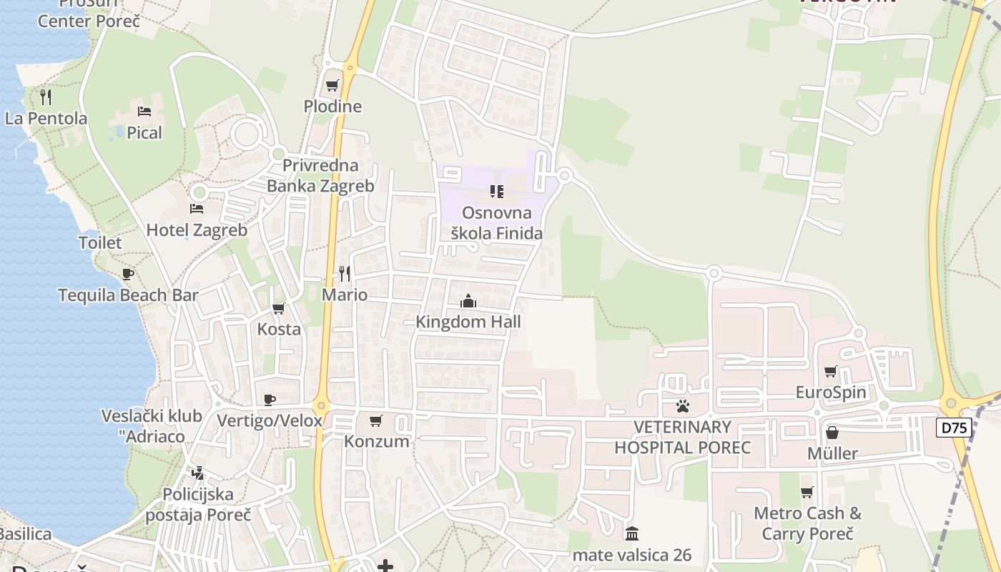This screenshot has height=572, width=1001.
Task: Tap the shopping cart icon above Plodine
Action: [x=332, y=86]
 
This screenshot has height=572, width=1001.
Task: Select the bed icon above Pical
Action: [x=144, y=112]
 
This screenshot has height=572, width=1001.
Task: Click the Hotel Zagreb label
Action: [x=197, y=230]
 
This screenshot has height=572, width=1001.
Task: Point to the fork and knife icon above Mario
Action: [x=345, y=274]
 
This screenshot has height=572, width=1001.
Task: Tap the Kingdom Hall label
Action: [x=468, y=322]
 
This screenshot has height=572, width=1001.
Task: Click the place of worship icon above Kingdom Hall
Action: [x=468, y=301]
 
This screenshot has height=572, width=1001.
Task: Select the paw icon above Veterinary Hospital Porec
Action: [x=683, y=406]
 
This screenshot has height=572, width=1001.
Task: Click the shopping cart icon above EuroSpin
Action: [x=831, y=371]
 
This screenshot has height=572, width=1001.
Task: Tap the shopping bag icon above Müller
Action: [x=832, y=433]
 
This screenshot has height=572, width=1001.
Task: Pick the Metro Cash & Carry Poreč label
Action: [x=808, y=523]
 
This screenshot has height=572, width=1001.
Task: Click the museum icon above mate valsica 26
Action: [x=632, y=533]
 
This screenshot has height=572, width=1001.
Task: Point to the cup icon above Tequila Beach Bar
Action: [x=128, y=274]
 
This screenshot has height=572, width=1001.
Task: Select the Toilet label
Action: [x=100, y=242]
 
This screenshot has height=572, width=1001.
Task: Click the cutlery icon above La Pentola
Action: [x=46, y=97]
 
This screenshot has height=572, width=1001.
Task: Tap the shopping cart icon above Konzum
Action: [x=376, y=420]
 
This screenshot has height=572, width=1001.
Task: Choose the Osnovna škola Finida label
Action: [x=497, y=223]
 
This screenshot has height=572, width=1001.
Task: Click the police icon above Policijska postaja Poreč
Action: [x=198, y=473]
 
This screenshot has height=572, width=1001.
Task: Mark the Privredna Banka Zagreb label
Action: [x=320, y=176]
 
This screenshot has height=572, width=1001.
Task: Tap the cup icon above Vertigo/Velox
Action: [x=270, y=400]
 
